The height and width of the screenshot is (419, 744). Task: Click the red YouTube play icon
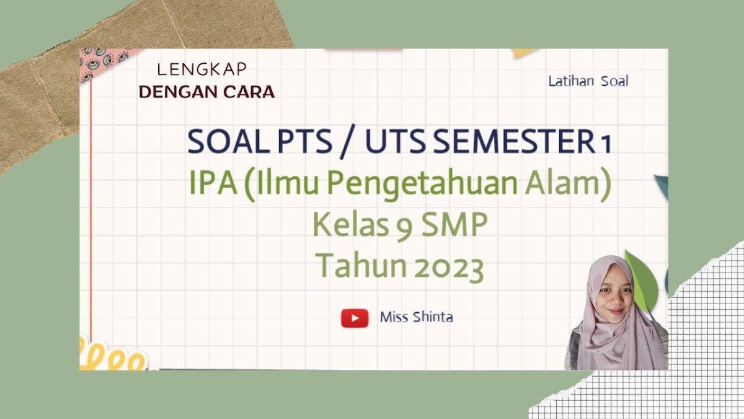tap(354, 318)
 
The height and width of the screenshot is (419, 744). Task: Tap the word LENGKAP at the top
tap(201, 70)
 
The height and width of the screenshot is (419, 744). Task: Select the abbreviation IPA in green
tap(213, 185)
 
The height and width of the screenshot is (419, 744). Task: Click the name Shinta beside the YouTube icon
tap(433, 317)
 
